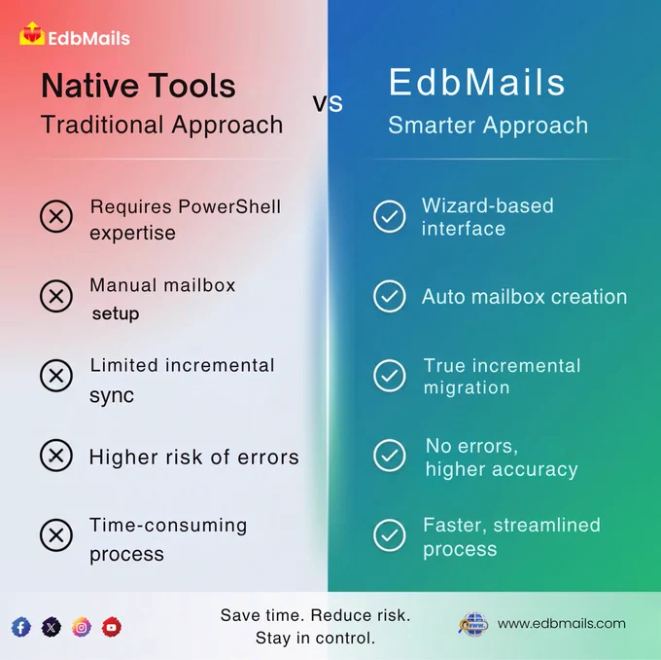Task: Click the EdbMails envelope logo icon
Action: (32, 33)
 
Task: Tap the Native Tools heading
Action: (138, 86)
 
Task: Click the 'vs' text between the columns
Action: (328, 102)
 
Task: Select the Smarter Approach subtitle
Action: (488, 125)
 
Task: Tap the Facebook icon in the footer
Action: (21, 627)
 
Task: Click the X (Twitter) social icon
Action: (51, 627)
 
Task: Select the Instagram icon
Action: (82, 627)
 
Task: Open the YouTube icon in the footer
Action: (111, 627)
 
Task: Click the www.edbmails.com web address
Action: (561, 624)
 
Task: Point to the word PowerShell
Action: (229, 207)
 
